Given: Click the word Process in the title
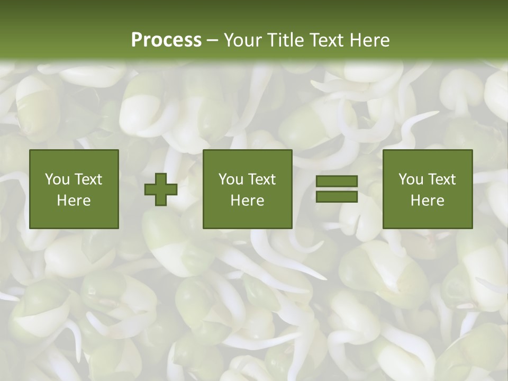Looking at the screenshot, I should (x=166, y=40).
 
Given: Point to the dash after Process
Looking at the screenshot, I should (x=213, y=41).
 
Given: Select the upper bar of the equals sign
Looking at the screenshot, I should (x=337, y=182).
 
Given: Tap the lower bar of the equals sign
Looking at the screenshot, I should (x=337, y=197).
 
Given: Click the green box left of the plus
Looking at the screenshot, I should (x=74, y=189).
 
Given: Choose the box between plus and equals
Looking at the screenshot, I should (x=248, y=189).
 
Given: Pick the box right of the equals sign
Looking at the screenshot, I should (x=428, y=189).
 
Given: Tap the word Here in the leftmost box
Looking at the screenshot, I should (x=74, y=201).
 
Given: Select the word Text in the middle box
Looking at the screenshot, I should (x=261, y=179).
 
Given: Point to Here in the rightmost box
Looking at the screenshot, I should (x=428, y=201).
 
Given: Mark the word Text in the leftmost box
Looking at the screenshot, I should (x=88, y=179).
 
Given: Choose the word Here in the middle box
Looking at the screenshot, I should (x=248, y=201).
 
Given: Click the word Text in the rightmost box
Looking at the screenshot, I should (x=441, y=179).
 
